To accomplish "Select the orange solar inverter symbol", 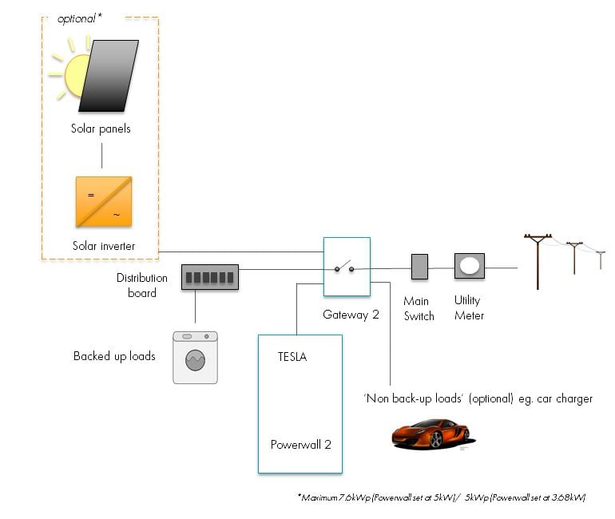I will (x=103, y=202).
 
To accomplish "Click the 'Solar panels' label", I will (x=100, y=129).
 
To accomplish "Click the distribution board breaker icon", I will (x=209, y=277).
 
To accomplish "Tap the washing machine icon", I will (x=195, y=357).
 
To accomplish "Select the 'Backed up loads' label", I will (x=114, y=356).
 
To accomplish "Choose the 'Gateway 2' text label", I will (x=351, y=315).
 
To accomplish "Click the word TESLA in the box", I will (x=292, y=357).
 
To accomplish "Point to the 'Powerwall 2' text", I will (x=300, y=445).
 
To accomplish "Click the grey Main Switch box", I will (x=419, y=267).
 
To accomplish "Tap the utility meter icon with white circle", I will (x=470, y=266).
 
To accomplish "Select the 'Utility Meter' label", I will (x=469, y=308).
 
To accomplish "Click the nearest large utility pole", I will (x=538, y=260).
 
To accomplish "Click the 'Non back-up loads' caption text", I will (x=478, y=398).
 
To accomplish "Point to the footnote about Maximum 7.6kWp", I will (x=442, y=497).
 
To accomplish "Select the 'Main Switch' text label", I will (x=419, y=309).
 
